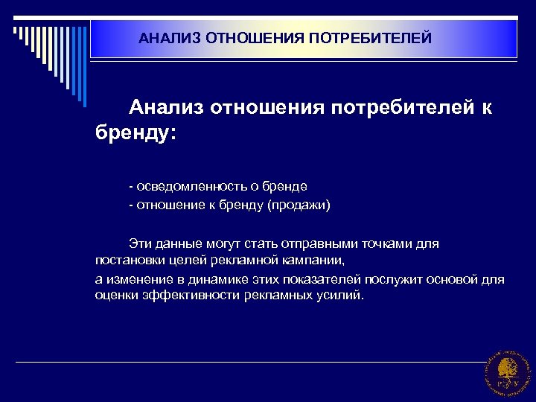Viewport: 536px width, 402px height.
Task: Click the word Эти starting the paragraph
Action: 139,243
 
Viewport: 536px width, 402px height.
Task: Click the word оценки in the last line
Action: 114,296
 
